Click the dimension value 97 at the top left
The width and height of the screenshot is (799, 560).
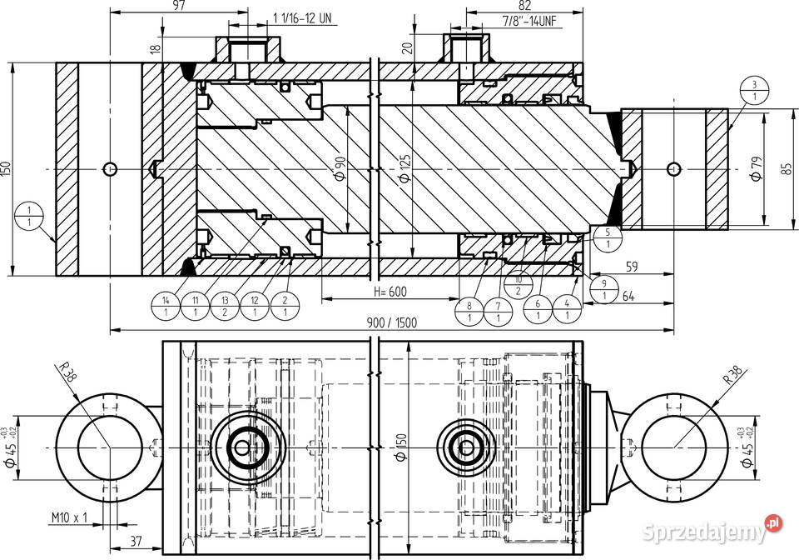coord(180,6)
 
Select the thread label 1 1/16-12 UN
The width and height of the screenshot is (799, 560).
coord(304,18)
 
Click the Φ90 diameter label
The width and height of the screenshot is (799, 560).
coord(340,169)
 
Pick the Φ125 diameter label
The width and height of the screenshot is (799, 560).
coord(405,169)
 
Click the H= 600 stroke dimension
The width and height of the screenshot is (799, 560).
coord(390,292)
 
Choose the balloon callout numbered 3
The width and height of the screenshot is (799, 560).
coord(752,91)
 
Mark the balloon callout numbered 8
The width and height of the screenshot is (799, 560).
coord(469,312)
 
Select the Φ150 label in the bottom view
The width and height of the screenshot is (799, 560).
coord(400,447)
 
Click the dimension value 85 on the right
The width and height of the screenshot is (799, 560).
coord(786,169)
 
